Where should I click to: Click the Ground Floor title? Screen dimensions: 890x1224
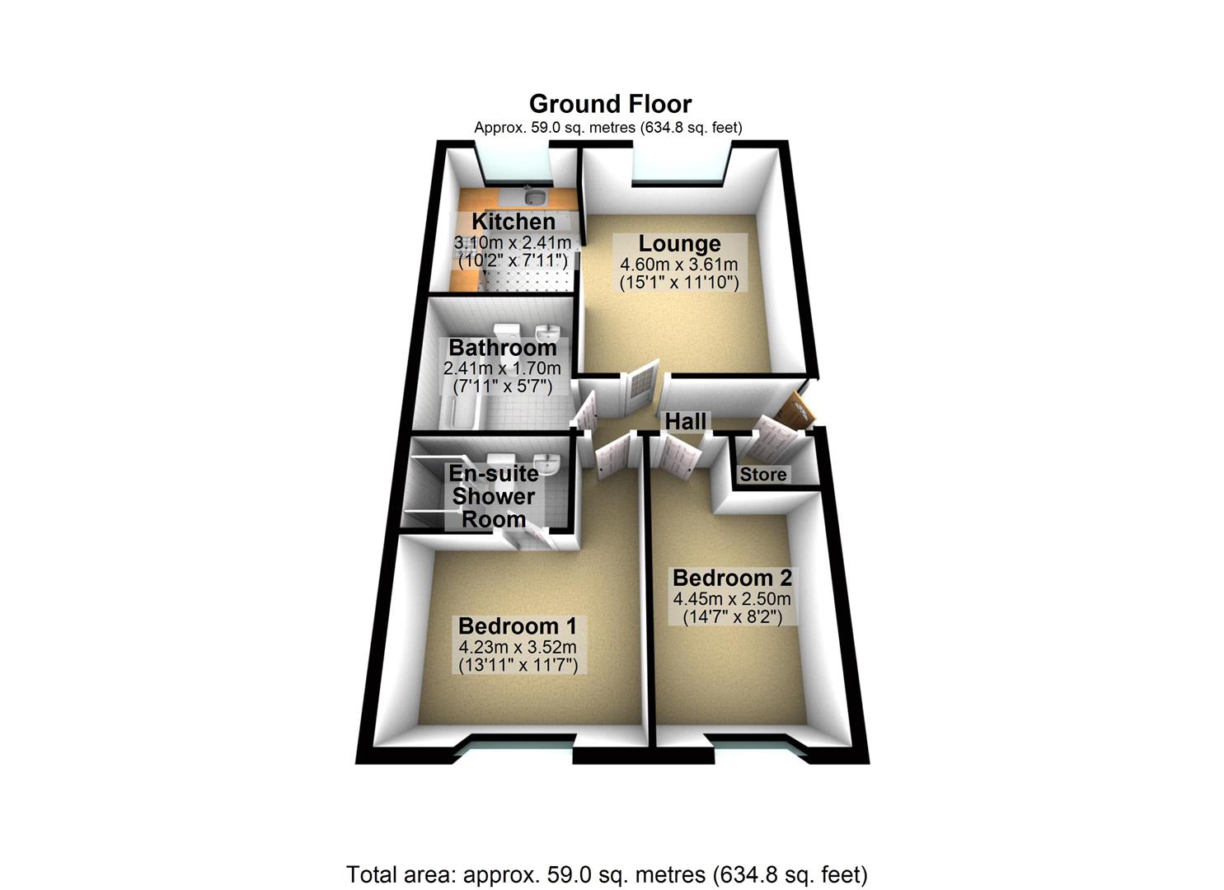point(610,104)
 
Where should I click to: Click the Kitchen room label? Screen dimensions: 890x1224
point(513,222)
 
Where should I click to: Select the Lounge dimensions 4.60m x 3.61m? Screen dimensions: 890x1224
point(678,265)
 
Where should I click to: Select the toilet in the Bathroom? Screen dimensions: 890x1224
point(509,330)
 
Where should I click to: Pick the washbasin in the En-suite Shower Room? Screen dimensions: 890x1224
point(546,463)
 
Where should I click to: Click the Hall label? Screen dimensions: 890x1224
point(686,421)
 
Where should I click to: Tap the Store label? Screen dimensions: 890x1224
point(763,475)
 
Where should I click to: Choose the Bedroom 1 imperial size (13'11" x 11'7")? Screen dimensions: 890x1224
point(518,664)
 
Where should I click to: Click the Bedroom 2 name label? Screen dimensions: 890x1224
point(732,578)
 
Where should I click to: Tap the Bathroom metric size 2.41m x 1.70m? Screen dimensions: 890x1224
point(501,368)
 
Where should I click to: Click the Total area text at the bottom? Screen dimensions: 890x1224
point(607,874)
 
